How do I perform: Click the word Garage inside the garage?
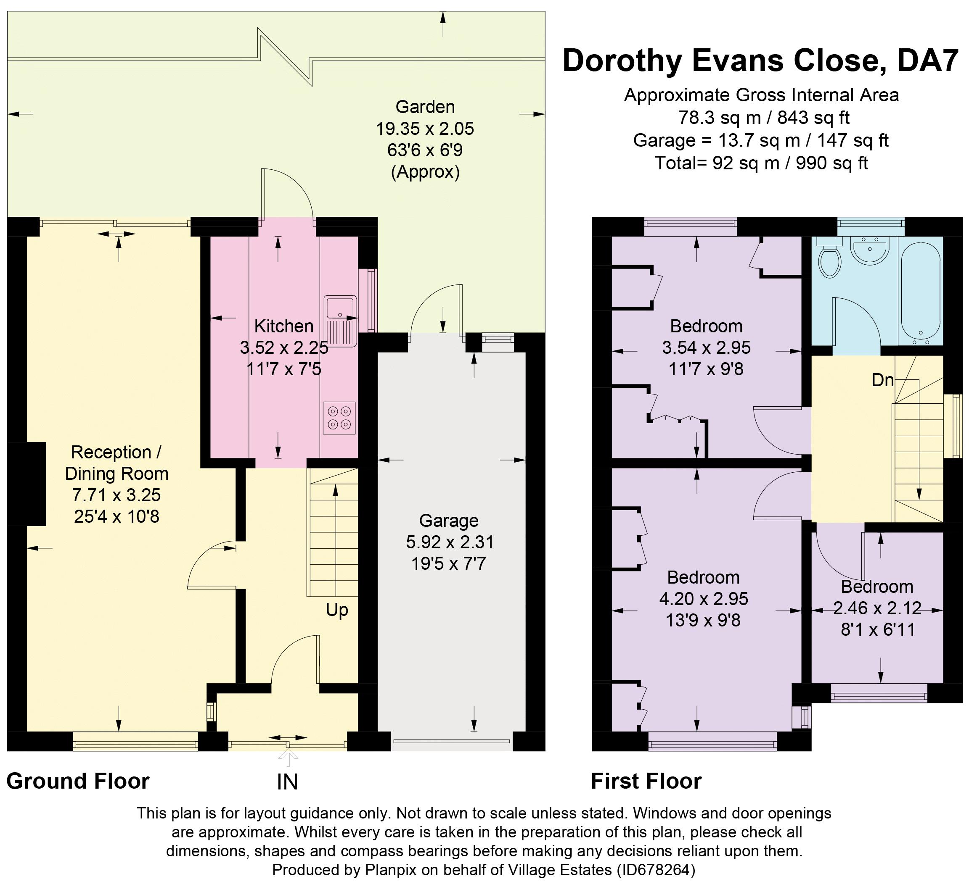[x=449, y=520]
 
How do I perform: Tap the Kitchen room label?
[x=284, y=326]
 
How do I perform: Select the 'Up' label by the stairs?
[x=337, y=610]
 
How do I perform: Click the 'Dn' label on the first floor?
[x=882, y=380]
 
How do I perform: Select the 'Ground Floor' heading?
[x=78, y=781]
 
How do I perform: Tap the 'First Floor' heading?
[x=646, y=781]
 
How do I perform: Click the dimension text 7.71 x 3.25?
[x=116, y=495]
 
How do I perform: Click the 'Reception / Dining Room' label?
[x=117, y=463]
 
